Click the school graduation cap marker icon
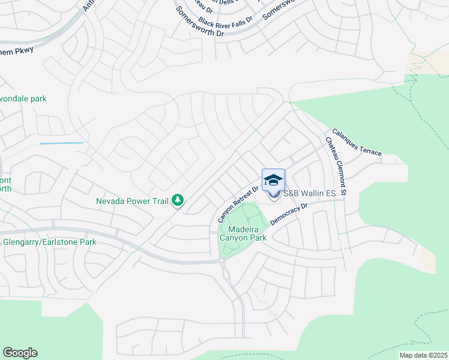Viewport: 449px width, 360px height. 273,179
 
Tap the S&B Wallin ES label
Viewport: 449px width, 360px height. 309,194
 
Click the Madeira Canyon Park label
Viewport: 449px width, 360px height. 243,233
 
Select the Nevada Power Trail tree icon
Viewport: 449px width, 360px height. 178,200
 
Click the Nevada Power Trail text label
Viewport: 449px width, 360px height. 132,201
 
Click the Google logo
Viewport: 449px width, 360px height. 20,353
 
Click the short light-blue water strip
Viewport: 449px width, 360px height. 61,143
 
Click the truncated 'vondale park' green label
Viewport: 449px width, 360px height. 24,98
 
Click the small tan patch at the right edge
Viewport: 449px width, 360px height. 428,260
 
